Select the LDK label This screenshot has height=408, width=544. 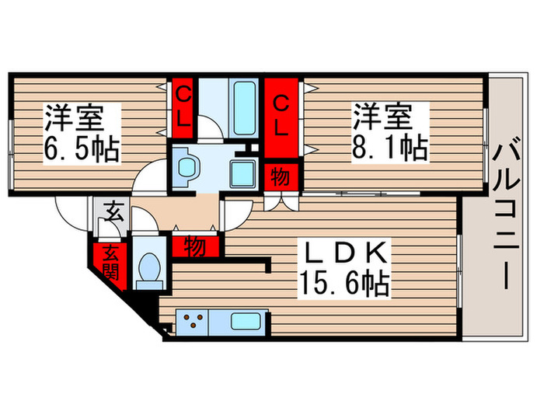click(342, 254)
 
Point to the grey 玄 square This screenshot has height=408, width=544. click(112, 211)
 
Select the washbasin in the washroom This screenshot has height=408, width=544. click(187, 166)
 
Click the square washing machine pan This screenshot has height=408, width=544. click(245, 173)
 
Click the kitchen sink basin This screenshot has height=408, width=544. click(246, 319)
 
